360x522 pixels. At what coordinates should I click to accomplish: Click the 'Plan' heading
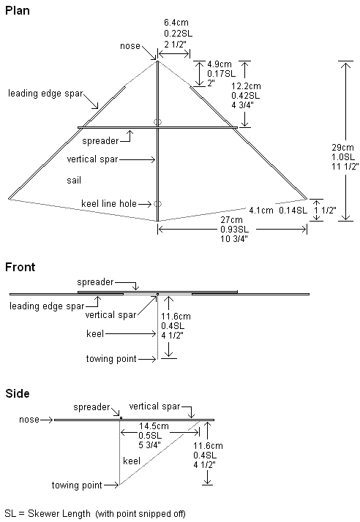click(18, 11)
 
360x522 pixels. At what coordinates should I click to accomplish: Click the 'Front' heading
click(20, 267)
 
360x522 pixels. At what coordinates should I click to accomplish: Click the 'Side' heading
click(18, 393)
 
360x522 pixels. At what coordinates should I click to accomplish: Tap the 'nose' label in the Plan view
click(130, 46)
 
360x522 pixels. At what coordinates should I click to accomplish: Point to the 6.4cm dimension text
click(176, 23)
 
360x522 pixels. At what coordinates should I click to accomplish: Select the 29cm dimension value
click(342, 147)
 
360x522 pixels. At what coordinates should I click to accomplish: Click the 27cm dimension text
click(231, 220)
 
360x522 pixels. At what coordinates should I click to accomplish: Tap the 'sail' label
click(74, 181)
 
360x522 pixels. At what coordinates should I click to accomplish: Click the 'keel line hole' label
click(109, 204)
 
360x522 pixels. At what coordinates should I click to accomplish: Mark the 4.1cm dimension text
click(261, 211)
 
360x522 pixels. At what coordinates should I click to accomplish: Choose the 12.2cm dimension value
click(246, 86)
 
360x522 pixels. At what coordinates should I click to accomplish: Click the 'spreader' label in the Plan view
click(100, 141)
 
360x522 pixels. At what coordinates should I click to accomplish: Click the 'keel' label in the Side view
click(132, 461)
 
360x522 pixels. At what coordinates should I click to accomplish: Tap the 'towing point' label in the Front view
click(111, 359)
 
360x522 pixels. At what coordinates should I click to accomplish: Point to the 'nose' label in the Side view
click(29, 420)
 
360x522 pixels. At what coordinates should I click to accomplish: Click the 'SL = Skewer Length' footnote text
click(48, 514)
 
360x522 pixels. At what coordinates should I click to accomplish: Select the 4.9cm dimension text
click(220, 64)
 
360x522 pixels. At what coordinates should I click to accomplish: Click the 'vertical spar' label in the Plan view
click(92, 159)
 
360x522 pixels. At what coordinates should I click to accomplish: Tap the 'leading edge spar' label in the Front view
click(47, 306)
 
